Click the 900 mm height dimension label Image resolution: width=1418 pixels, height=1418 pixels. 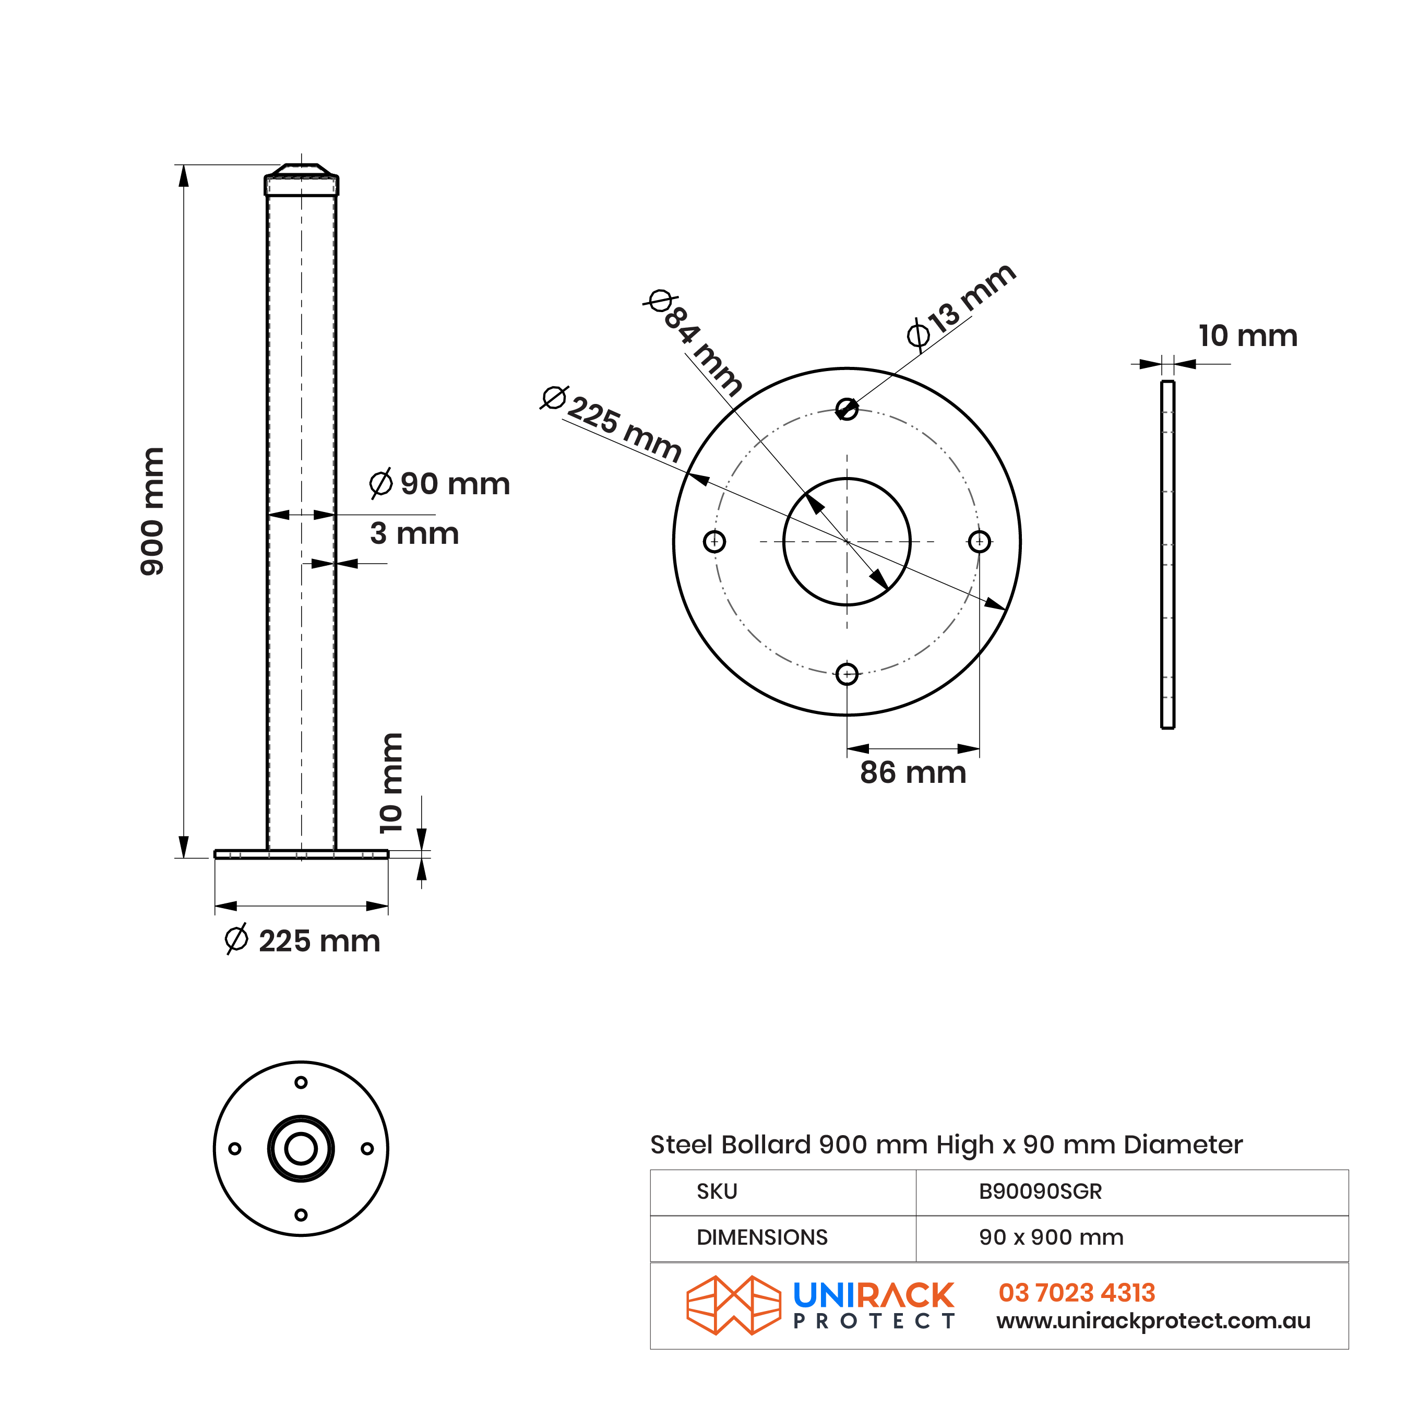[153, 511]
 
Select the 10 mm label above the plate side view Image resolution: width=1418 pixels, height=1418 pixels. [1248, 336]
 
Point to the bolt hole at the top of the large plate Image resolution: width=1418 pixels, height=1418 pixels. [847, 409]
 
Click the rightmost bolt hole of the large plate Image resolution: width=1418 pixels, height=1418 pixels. [979, 542]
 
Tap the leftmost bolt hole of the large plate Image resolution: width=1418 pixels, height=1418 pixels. [714, 542]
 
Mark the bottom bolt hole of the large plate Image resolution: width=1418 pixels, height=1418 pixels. [847, 674]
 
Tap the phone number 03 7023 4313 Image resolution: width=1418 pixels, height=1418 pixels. [1077, 1293]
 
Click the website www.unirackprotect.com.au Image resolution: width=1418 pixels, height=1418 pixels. [1153, 1321]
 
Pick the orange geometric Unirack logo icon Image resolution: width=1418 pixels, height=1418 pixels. [733, 1306]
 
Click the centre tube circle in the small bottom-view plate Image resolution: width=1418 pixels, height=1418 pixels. [301, 1149]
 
